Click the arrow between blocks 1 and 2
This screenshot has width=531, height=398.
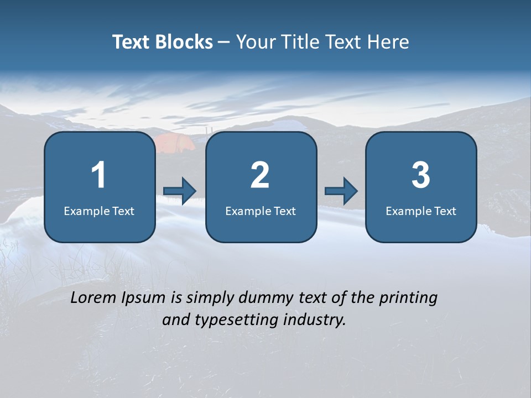[180, 191]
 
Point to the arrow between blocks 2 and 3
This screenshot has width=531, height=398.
[341, 191]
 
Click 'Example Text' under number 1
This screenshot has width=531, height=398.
[99, 211]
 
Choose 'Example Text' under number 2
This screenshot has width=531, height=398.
[261, 211]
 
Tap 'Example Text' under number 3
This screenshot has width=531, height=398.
[421, 211]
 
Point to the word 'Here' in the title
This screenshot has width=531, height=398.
[388, 42]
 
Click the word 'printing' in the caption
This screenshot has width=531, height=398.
[408, 298]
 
